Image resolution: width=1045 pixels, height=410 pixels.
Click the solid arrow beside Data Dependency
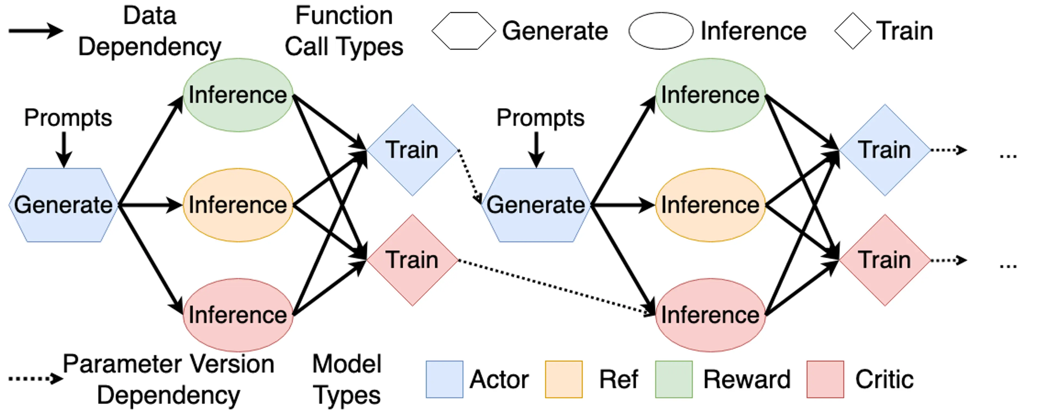click(36, 31)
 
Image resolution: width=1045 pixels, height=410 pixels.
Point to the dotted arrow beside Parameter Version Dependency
click(36, 379)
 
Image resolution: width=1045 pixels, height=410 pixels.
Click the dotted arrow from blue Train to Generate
click(470, 176)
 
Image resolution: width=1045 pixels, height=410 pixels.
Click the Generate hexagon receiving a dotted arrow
click(536, 205)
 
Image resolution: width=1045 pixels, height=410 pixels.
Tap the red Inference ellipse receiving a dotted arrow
click(710, 315)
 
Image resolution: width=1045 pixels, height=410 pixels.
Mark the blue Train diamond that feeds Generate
click(412, 150)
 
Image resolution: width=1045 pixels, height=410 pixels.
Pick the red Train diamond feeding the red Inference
click(412, 260)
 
